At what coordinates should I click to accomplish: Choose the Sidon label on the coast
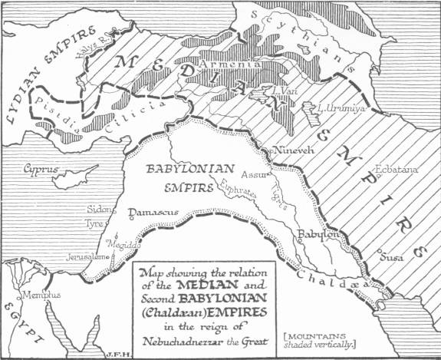click(x=97, y=208)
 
